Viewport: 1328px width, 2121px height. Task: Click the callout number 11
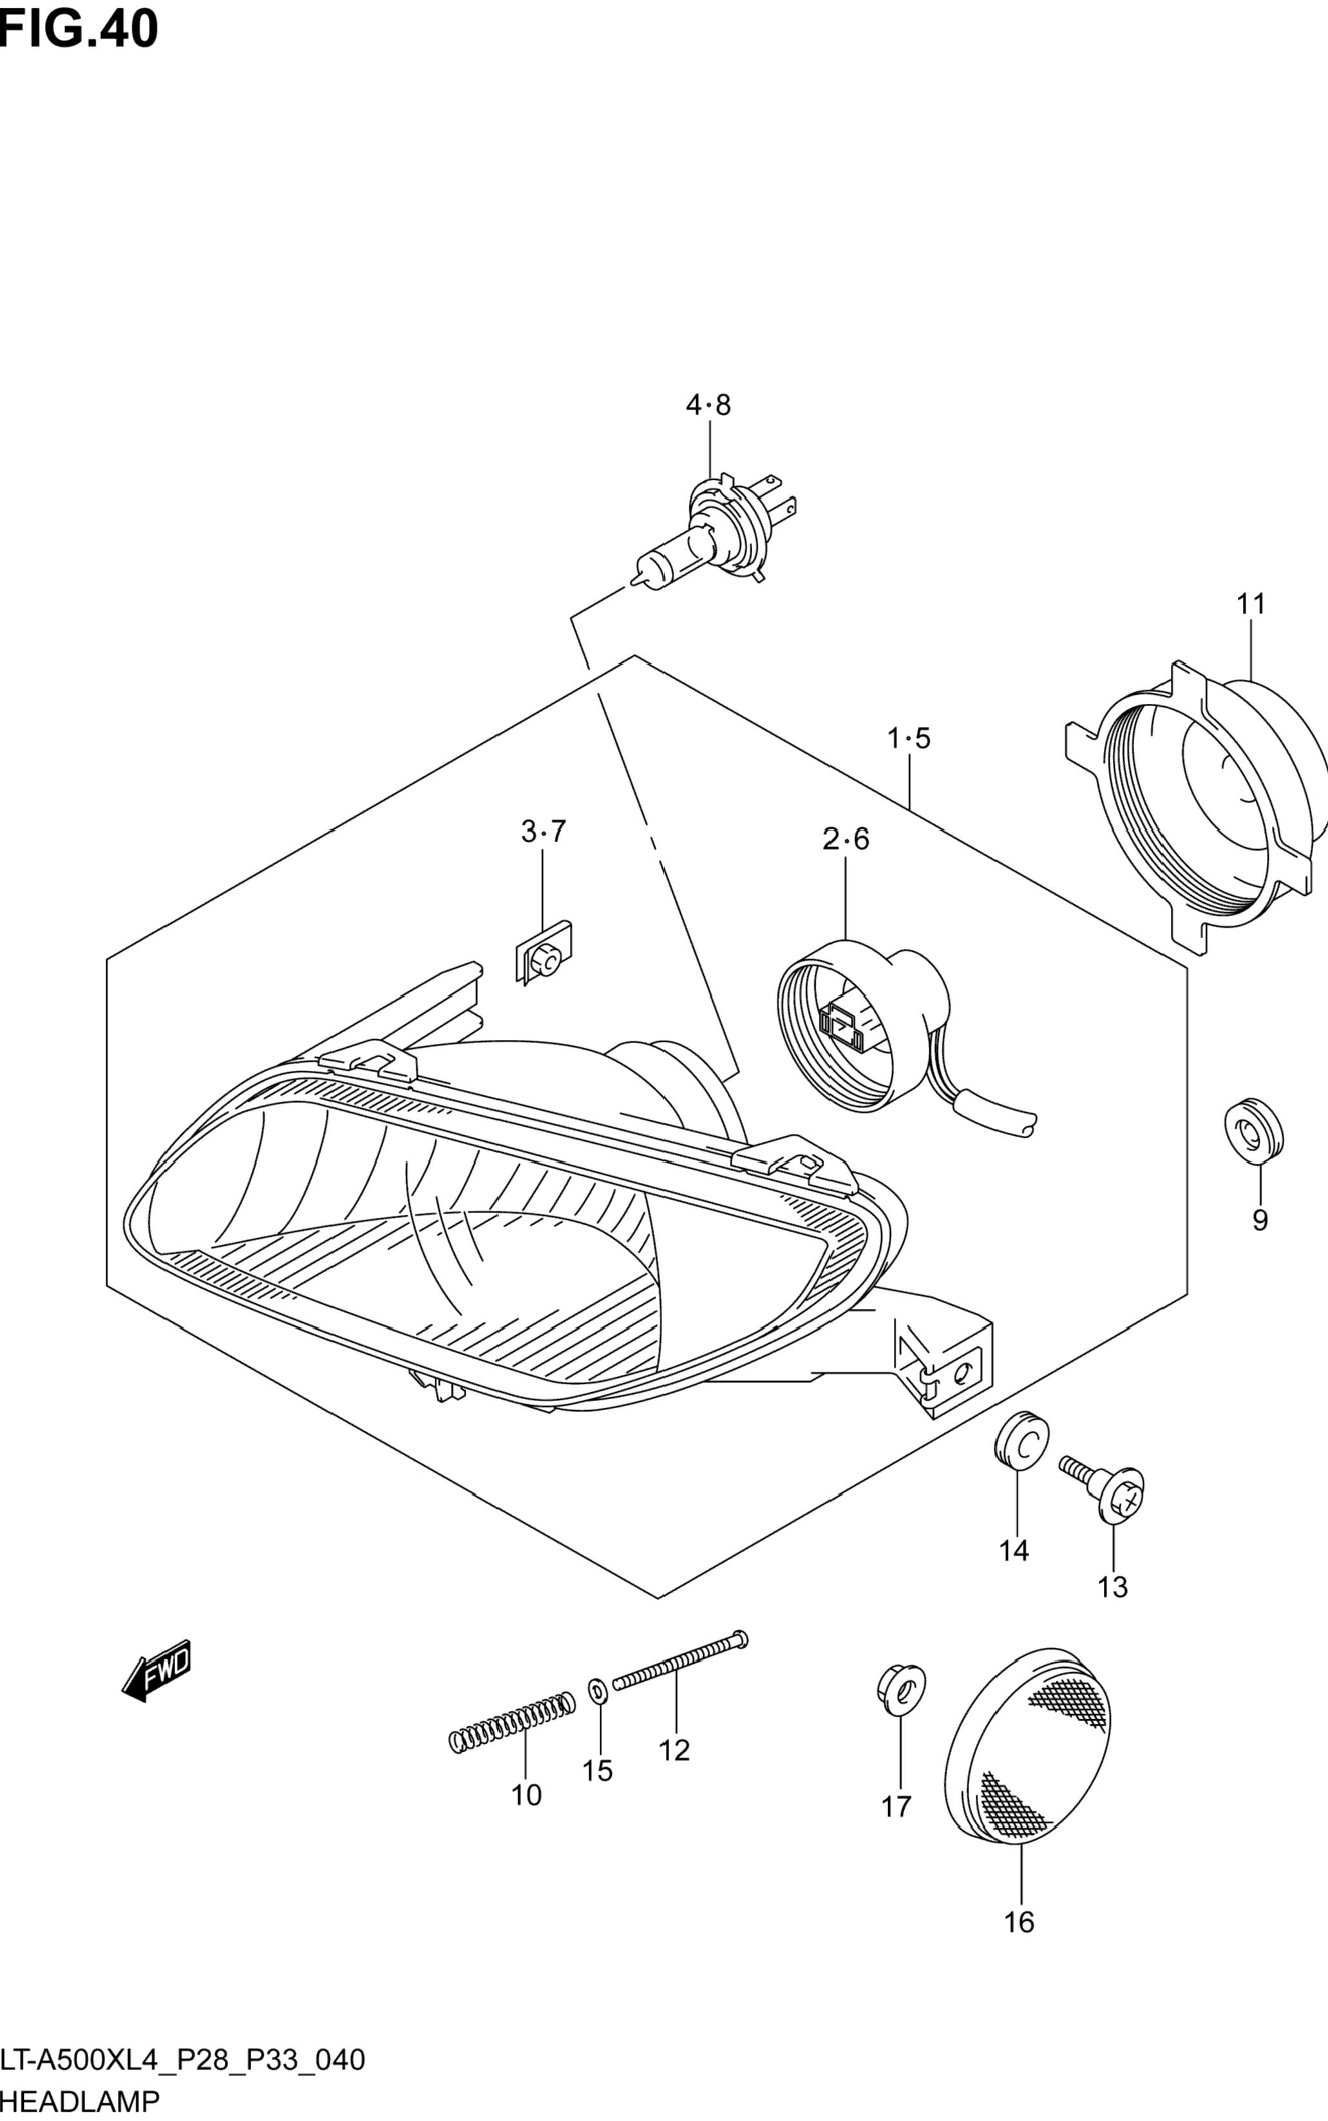(x=1251, y=604)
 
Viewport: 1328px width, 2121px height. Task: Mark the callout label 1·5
(x=908, y=739)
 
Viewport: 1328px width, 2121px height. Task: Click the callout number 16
(x=1019, y=1923)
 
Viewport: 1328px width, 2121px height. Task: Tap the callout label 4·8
(x=708, y=406)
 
